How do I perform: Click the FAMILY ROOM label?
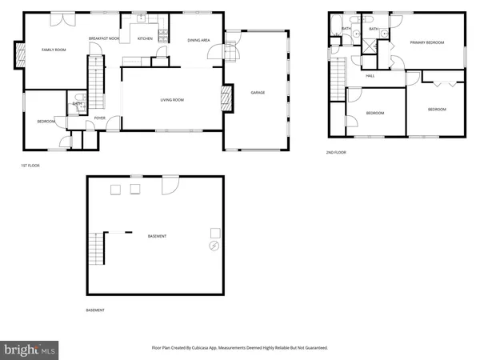tap(53, 50)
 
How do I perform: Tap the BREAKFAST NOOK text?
tap(104, 38)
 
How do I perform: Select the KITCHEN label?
tap(145, 38)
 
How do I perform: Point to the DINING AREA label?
tap(198, 40)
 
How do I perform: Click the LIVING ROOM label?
tap(172, 100)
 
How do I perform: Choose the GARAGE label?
tap(258, 93)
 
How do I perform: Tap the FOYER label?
tap(100, 118)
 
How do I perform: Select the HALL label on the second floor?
tap(370, 76)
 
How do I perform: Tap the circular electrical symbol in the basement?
tap(214, 246)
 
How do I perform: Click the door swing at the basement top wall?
tap(170, 185)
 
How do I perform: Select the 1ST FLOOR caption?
tap(30, 166)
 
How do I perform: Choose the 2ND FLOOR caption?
tap(336, 152)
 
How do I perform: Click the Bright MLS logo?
tap(30, 349)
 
